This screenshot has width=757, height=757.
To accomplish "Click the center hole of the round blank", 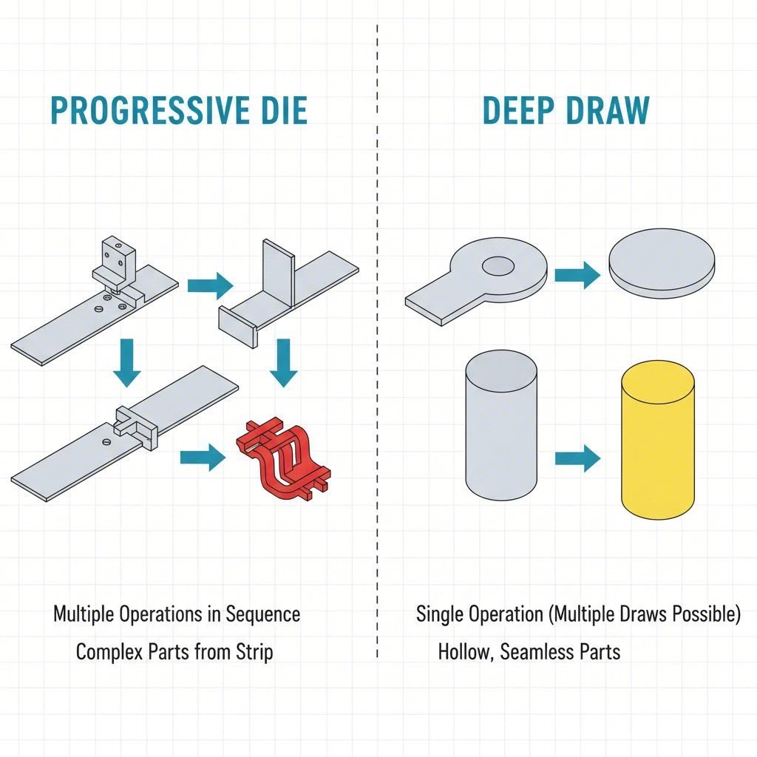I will click(498, 265).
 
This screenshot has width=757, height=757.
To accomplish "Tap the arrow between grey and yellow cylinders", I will click(577, 458).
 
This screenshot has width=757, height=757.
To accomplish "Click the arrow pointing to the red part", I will click(203, 458).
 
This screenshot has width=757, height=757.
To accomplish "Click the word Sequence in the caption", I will click(262, 614).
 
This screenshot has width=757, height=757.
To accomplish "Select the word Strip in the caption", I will click(254, 652).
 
